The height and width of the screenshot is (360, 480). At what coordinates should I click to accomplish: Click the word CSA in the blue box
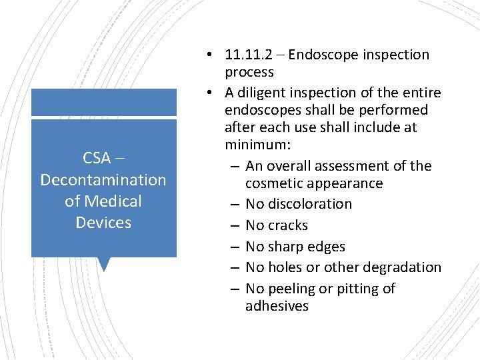tap(97, 158)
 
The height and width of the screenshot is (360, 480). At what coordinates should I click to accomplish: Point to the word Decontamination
tap(103, 179)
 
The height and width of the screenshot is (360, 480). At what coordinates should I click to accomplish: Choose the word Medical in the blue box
tap(114, 201)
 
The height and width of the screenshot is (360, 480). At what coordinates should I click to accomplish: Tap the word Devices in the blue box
tap(103, 222)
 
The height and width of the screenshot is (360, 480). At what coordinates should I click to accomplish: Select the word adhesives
tap(277, 306)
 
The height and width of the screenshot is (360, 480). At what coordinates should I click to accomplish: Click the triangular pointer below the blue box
tap(103, 265)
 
